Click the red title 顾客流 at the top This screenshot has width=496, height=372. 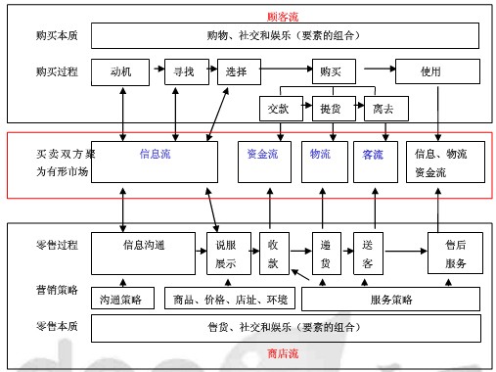pos(285,16)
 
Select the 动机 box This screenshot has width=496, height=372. pos(125,72)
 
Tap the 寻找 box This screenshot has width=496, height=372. pos(178,72)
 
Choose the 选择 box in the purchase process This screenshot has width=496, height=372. pos(235,72)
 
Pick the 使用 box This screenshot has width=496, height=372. pos(438,72)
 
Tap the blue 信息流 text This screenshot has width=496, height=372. pos(156,154)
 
